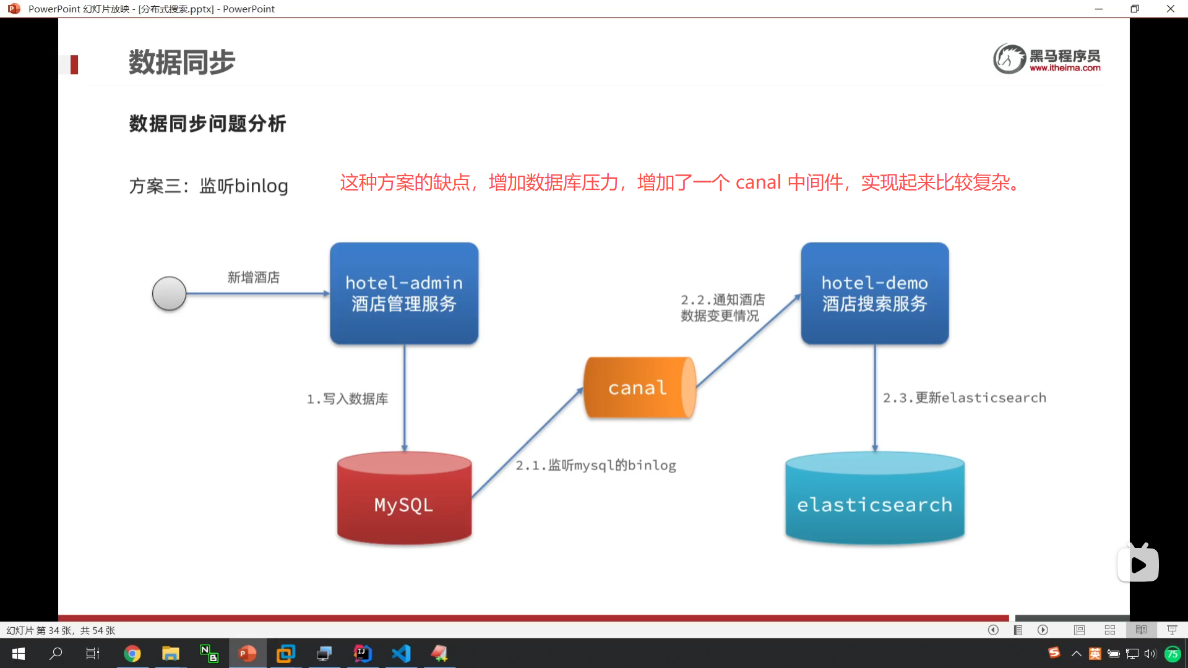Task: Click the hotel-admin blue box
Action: (x=404, y=293)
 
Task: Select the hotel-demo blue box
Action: (x=874, y=293)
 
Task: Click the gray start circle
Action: (x=169, y=293)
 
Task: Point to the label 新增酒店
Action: (x=253, y=277)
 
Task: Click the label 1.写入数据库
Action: (x=347, y=399)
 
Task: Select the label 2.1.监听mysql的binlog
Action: (x=596, y=465)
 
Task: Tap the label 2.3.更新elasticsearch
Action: (x=964, y=398)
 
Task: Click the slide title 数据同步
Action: (x=181, y=62)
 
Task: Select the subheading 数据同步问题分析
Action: (x=207, y=124)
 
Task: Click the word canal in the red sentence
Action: (x=758, y=182)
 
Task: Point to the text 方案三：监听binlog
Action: (x=209, y=186)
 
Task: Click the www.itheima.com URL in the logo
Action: (x=1065, y=68)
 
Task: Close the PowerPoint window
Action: (x=1170, y=9)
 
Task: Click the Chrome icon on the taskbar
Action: (x=132, y=653)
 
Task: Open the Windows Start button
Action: (x=19, y=653)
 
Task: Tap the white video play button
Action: (x=1138, y=565)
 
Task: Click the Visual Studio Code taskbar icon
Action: (x=401, y=653)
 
